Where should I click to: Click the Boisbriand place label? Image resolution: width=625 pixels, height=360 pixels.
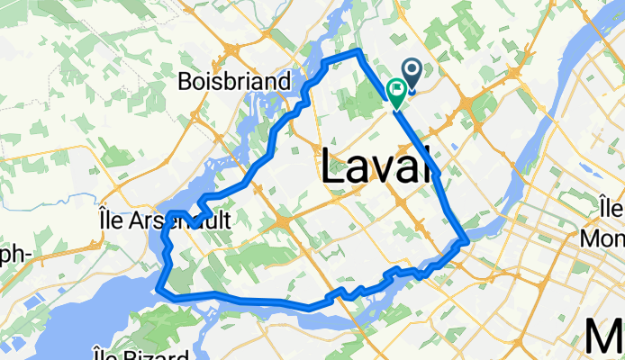click(x=234, y=81)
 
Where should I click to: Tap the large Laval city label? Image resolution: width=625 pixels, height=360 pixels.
click(x=374, y=167)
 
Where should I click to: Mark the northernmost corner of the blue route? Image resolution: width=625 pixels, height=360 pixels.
click(x=358, y=51)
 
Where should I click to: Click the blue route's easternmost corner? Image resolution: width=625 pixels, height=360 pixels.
click(x=464, y=240)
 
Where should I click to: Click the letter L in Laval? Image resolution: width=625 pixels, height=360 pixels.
click(x=331, y=167)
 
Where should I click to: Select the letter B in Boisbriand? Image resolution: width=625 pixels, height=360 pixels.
click(x=186, y=81)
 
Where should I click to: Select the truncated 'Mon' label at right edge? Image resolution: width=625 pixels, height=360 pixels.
click(x=602, y=238)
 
